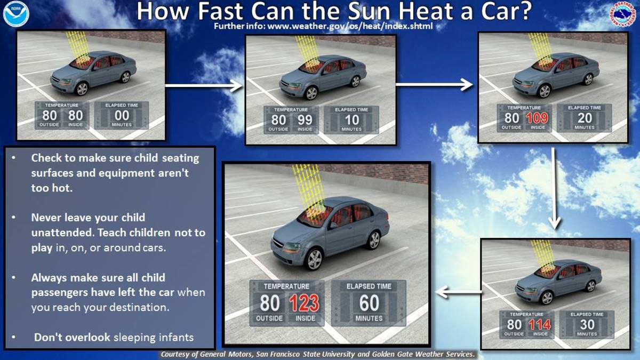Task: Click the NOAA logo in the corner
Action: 15,14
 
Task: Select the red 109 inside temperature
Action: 537,118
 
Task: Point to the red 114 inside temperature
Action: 540,325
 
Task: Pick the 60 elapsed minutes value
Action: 369,303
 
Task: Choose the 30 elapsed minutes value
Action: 587,324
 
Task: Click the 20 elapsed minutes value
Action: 584,118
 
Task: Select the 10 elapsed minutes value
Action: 351,120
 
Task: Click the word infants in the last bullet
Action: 176,337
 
